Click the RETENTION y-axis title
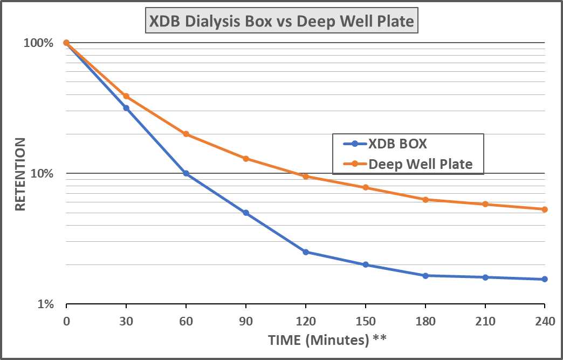20,174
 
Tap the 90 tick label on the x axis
246,322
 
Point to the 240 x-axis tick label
545,322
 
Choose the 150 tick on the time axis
366,322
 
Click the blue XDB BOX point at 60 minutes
186,173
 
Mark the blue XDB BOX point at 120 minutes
306,252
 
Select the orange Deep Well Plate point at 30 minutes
126,96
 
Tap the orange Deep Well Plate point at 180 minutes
425,200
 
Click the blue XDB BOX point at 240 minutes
545,279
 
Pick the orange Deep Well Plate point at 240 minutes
545,209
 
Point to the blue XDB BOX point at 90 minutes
246,213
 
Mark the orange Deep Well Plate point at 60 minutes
186,134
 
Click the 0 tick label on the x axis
66,322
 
